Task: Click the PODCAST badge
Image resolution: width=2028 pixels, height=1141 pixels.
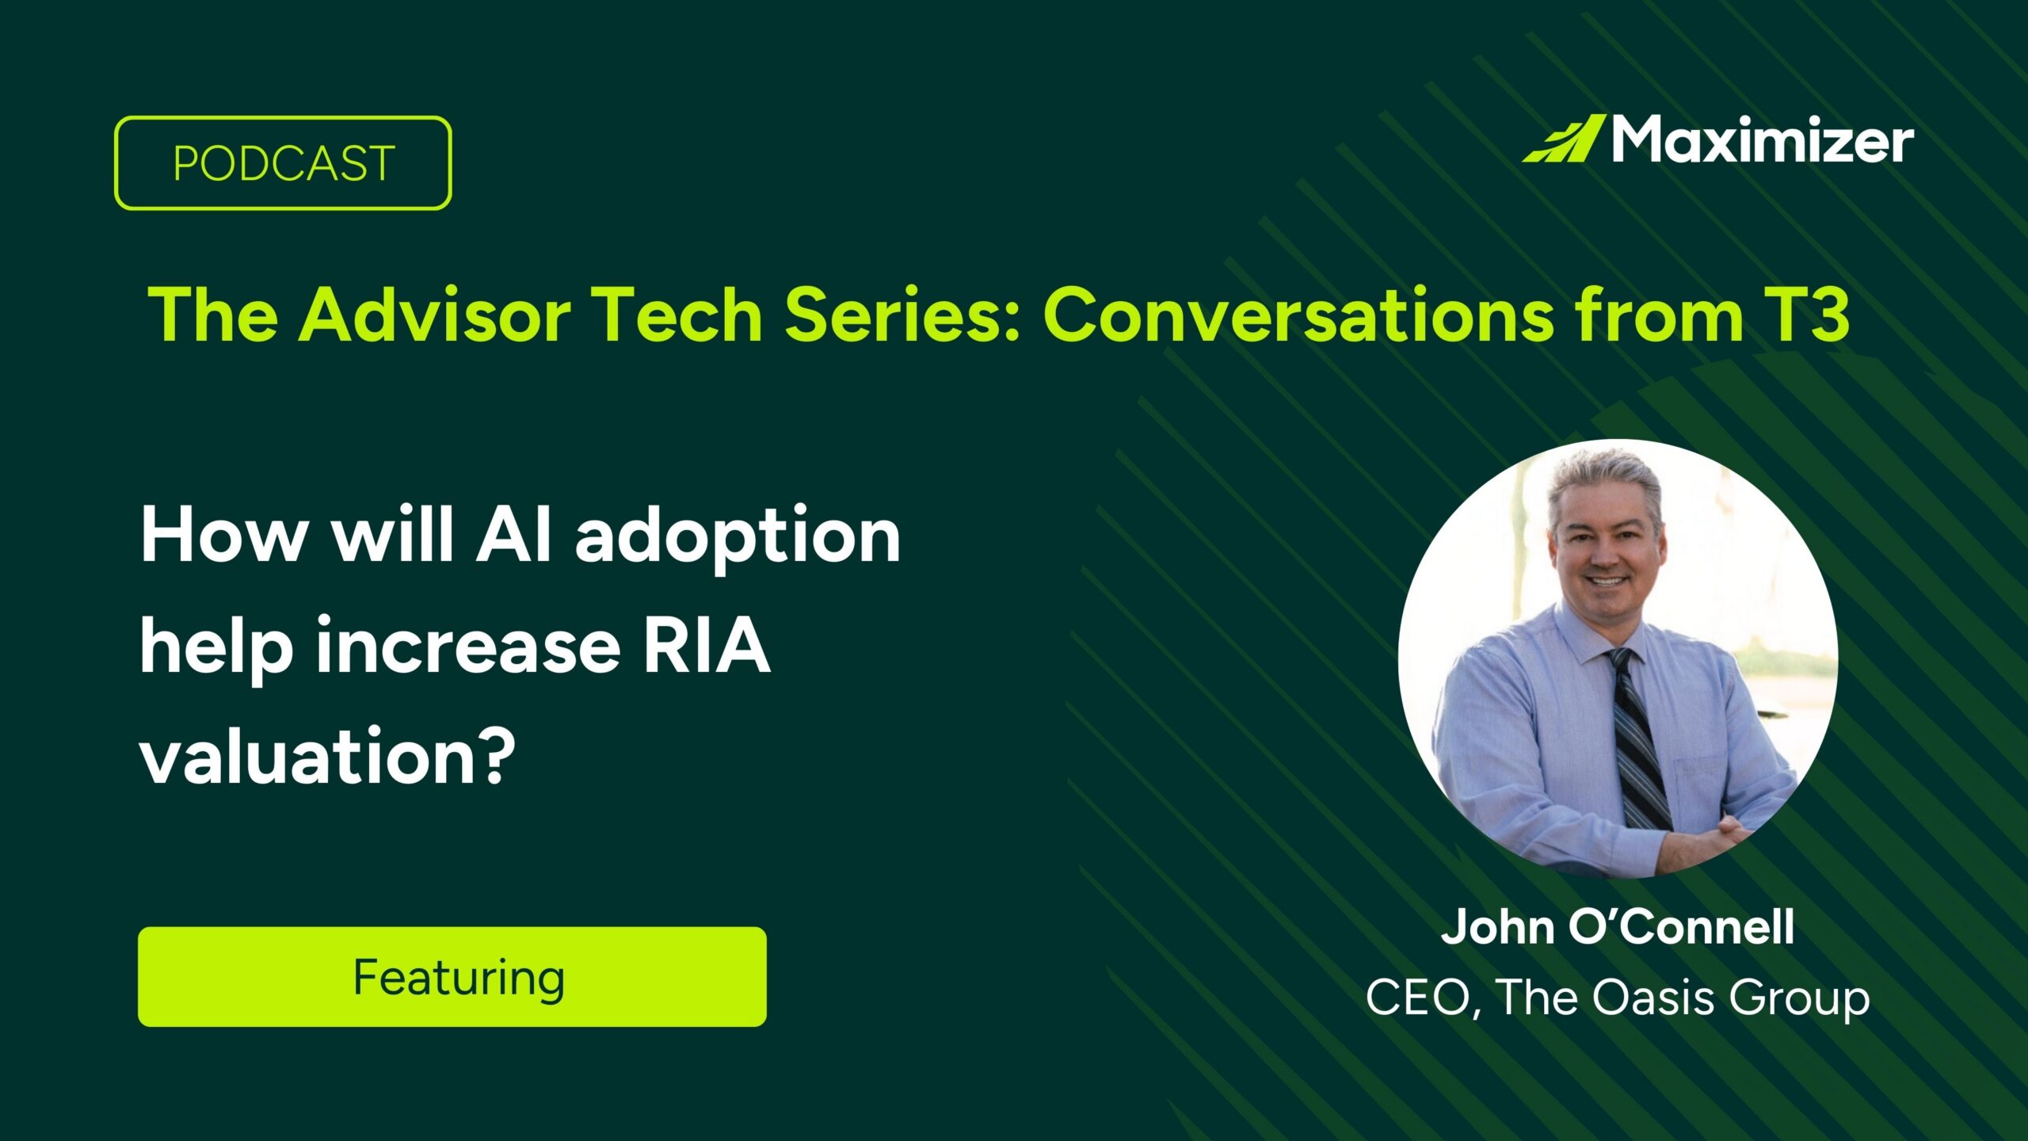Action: pos(283,163)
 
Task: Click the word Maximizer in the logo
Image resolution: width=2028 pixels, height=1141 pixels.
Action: pos(1763,141)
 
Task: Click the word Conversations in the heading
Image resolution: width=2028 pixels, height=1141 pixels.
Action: pos(1298,315)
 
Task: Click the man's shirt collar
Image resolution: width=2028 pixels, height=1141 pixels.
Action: pos(1576,642)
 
